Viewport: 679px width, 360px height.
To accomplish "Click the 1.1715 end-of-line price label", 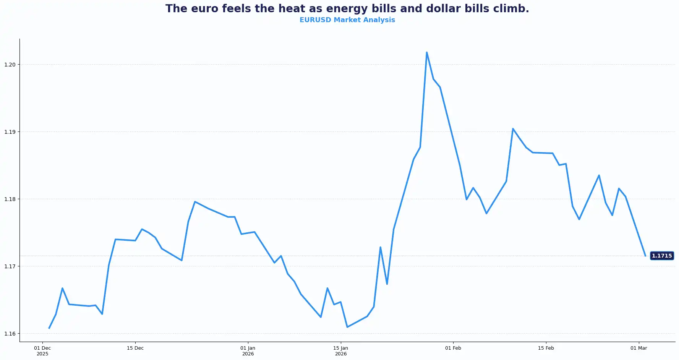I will (661, 256).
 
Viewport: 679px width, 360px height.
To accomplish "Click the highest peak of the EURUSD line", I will (426, 52).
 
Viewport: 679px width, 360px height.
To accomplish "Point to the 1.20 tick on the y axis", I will (10, 65).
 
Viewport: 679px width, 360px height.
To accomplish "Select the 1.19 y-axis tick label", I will (10, 132).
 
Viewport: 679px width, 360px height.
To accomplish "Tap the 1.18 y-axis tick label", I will (10, 199).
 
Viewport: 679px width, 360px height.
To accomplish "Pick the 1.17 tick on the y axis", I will (10, 266).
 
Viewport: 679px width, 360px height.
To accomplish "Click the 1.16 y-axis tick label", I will (10, 334).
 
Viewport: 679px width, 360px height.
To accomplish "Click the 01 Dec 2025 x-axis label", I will (42, 351).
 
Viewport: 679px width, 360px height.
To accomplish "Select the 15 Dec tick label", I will (135, 348).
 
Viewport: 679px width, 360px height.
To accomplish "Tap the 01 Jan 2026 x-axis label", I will (248, 351).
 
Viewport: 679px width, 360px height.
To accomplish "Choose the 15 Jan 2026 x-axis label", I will (341, 351).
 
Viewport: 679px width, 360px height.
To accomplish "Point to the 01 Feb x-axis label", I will (453, 348).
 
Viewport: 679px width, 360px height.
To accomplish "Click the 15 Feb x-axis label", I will (546, 348).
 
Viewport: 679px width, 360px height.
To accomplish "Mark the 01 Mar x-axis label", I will (639, 348).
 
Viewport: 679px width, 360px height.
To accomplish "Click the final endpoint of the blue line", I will (645, 256).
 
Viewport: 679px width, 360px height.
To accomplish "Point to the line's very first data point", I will (49, 328).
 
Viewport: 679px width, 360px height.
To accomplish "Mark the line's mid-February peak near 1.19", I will (513, 129).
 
